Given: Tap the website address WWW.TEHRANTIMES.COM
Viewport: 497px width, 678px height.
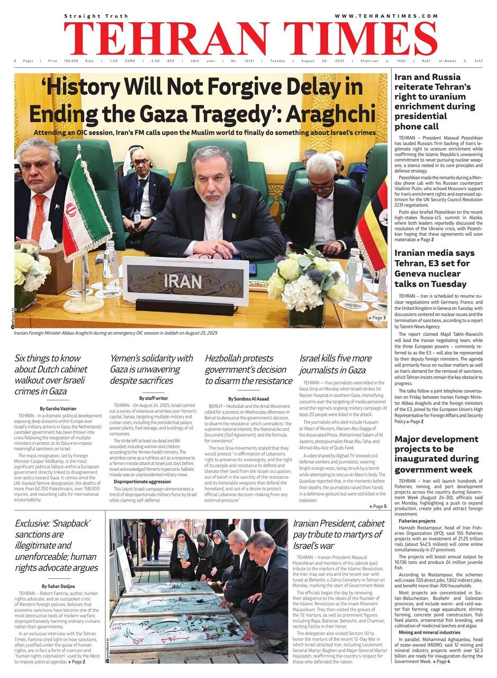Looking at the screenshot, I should tap(386, 16).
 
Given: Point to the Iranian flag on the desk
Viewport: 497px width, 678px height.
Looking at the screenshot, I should tap(85, 209).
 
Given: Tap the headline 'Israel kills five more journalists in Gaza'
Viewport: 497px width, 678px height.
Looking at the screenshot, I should tap(336, 364).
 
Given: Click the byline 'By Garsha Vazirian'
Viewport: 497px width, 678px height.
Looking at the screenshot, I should tap(58, 408).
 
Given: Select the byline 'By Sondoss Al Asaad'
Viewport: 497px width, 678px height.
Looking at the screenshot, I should tap(248, 398).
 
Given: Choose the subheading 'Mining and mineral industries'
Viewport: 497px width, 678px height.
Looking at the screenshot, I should tap(429, 632).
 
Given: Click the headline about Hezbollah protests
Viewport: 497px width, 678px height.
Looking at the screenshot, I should tap(248, 369).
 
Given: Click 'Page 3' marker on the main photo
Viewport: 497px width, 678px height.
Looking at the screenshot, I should tap(377, 318).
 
